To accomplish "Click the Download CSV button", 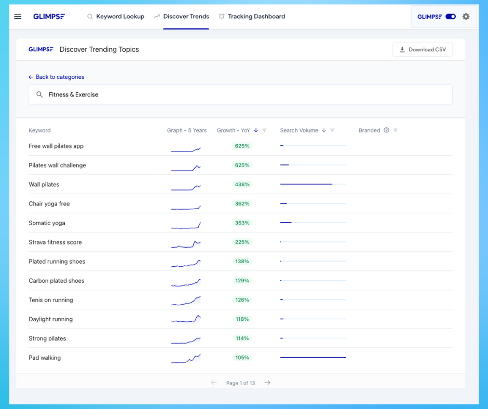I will tap(422, 49).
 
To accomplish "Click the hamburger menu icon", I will tap(18, 17).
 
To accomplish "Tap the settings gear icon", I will tap(466, 17).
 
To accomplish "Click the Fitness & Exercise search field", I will tap(240, 94).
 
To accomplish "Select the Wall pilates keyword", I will tap(44, 184).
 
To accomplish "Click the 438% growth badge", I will tap(242, 184).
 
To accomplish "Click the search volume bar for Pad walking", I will tap(313, 357).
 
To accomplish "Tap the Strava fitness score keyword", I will tap(55, 242).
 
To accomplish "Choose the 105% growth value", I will tap(242, 358).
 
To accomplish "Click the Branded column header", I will tap(369, 130).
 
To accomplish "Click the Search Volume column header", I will tap(299, 130).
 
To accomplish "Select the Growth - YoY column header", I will tap(233, 130).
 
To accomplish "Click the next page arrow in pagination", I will tap(267, 383).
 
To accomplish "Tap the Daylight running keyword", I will tap(50, 319).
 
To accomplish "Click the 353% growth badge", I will tap(242, 223).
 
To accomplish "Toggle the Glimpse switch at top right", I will tap(451, 17).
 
